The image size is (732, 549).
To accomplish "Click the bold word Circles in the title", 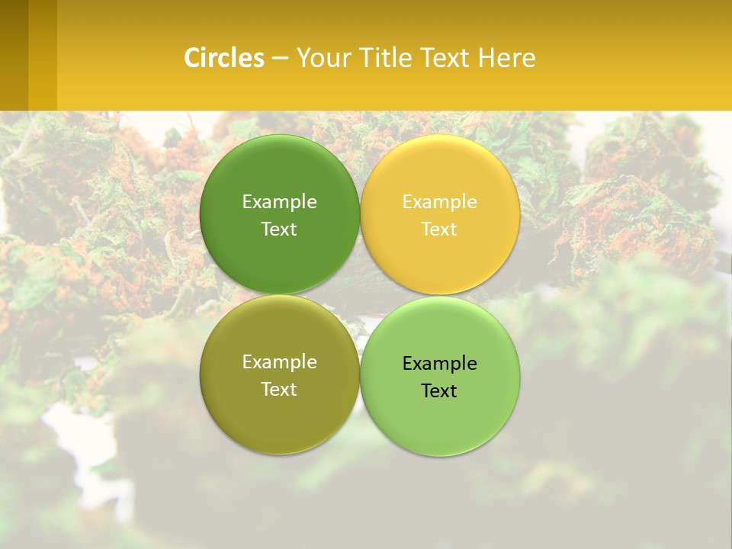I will pyautogui.click(x=224, y=58).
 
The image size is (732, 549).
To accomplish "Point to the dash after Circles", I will pyautogui.click(x=280, y=59).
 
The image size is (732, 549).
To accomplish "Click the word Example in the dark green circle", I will pyautogui.click(x=279, y=202).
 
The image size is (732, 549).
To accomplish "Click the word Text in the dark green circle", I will pyautogui.click(x=279, y=229).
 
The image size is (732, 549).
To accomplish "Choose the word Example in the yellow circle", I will pyautogui.click(x=439, y=202).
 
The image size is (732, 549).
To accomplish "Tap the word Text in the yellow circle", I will pyautogui.click(x=439, y=229).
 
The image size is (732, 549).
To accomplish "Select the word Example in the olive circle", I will pyautogui.click(x=279, y=362).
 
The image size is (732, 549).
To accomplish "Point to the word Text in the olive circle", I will pyautogui.click(x=279, y=389).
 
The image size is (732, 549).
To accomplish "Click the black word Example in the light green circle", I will pyautogui.click(x=439, y=364).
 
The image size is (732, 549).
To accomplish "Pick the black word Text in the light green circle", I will pyautogui.click(x=439, y=390).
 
